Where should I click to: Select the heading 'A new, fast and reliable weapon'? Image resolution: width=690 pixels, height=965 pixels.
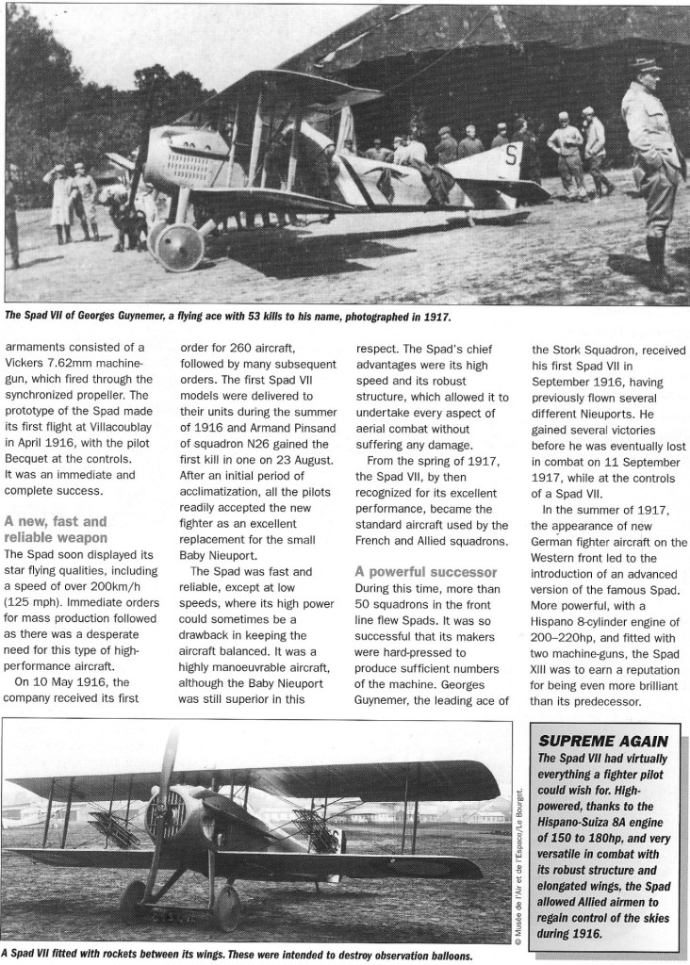pos(56,529)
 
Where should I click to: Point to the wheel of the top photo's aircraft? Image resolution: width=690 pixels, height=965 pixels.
pos(180,247)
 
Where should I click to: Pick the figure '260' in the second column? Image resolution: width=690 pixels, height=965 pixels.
pos(243,346)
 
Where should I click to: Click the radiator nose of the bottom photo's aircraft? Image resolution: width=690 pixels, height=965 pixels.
pos(166,816)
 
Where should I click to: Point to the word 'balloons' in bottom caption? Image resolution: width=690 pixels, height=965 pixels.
pos(446,954)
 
